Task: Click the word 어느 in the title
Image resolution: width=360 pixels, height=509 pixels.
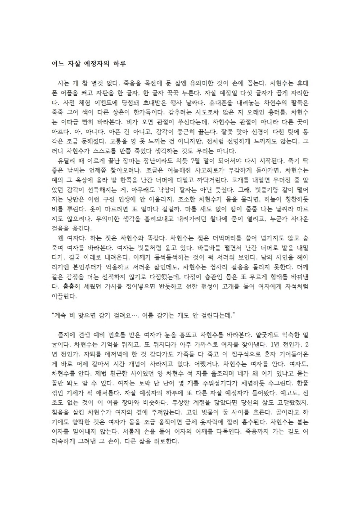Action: [x=56, y=63]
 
